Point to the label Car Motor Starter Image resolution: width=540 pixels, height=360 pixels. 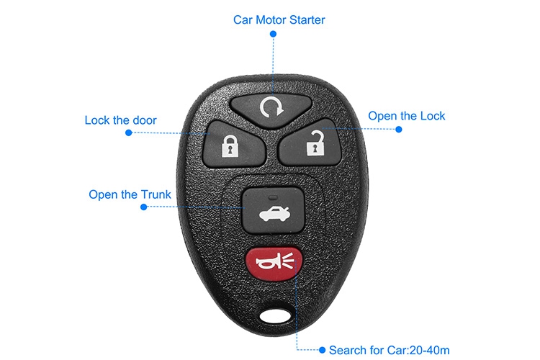(x=279, y=19)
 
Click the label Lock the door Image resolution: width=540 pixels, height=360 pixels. (x=120, y=120)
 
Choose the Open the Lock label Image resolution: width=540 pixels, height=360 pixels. (x=407, y=116)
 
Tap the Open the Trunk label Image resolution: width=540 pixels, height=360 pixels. (x=130, y=194)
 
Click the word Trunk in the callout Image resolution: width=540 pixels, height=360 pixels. (x=156, y=194)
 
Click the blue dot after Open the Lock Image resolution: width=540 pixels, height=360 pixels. (x=399, y=130)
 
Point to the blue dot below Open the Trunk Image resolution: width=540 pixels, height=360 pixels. (x=143, y=207)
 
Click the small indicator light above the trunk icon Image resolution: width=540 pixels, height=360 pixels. (x=269, y=195)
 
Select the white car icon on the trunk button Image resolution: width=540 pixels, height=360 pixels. (x=269, y=212)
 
